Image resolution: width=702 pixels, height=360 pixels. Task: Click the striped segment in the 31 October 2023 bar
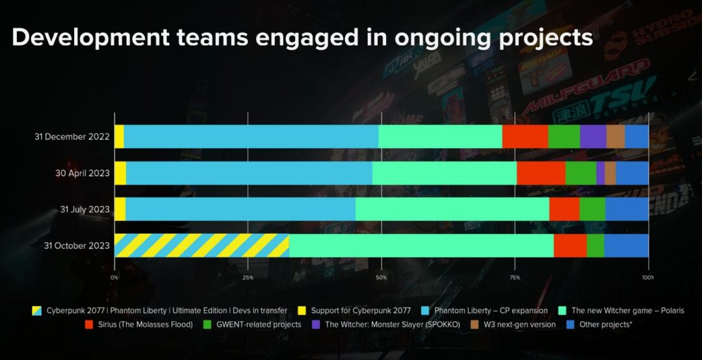tap(201, 246)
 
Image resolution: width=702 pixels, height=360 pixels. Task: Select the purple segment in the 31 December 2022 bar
tap(593, 136)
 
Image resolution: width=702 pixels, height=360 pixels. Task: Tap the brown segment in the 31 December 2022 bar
tap(615, 136)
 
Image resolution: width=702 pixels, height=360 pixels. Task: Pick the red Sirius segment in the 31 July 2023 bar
tap(564, 209)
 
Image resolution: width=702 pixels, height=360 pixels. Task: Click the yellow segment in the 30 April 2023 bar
tap(120, 173)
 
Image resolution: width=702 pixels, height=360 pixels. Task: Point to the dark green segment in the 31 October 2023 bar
tap(595, 246)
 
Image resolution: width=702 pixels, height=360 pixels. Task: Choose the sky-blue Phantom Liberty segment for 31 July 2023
tap(240, 209)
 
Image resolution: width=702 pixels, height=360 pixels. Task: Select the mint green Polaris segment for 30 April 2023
tap(445, 173)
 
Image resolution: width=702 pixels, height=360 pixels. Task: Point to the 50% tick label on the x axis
tap(381, 277)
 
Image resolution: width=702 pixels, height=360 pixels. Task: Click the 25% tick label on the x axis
tap(248, 277)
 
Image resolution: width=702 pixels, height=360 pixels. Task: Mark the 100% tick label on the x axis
tap(647, 277)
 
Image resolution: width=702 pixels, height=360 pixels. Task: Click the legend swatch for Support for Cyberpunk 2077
tap(302, 311)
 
